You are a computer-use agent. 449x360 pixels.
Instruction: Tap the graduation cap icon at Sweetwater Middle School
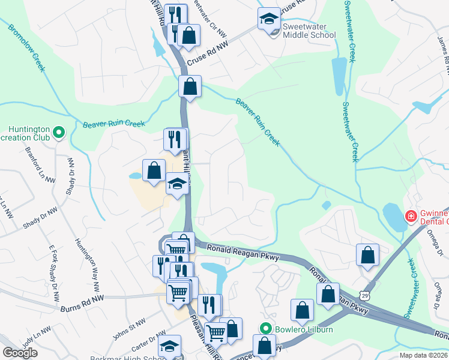tap(269, 19)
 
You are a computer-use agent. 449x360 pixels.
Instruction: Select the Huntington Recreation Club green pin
tap(59, 132)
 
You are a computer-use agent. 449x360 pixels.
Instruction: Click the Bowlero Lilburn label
tap(300, 329)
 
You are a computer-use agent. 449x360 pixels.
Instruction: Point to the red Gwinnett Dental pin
tap(411, 216)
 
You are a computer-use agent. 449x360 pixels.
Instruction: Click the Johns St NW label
tap(129, 324)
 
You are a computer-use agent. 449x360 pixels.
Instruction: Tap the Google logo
tap(20, 353)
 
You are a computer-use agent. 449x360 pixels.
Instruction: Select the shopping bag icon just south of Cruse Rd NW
tap(190, 86)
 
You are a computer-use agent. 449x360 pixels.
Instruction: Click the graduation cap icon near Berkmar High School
tap(170, 347)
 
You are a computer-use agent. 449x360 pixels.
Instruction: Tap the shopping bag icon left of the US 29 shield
tap(328, 295)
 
